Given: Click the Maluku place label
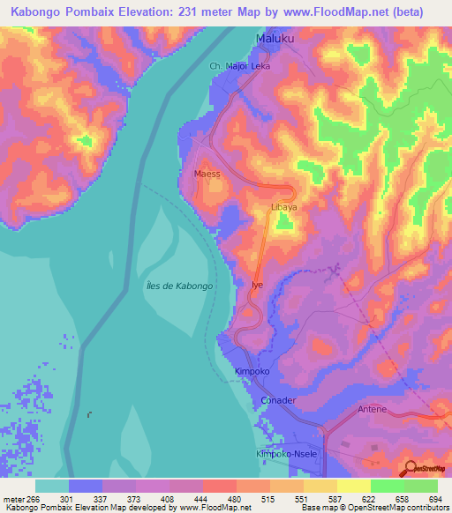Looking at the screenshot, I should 274,40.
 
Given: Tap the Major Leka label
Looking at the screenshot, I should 248,66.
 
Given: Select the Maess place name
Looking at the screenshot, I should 207,175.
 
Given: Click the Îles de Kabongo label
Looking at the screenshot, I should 175,286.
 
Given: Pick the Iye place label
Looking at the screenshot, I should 257,286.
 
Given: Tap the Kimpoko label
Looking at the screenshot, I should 252,373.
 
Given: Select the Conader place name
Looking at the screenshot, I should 278,400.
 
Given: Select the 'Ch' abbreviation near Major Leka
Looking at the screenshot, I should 214,66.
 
